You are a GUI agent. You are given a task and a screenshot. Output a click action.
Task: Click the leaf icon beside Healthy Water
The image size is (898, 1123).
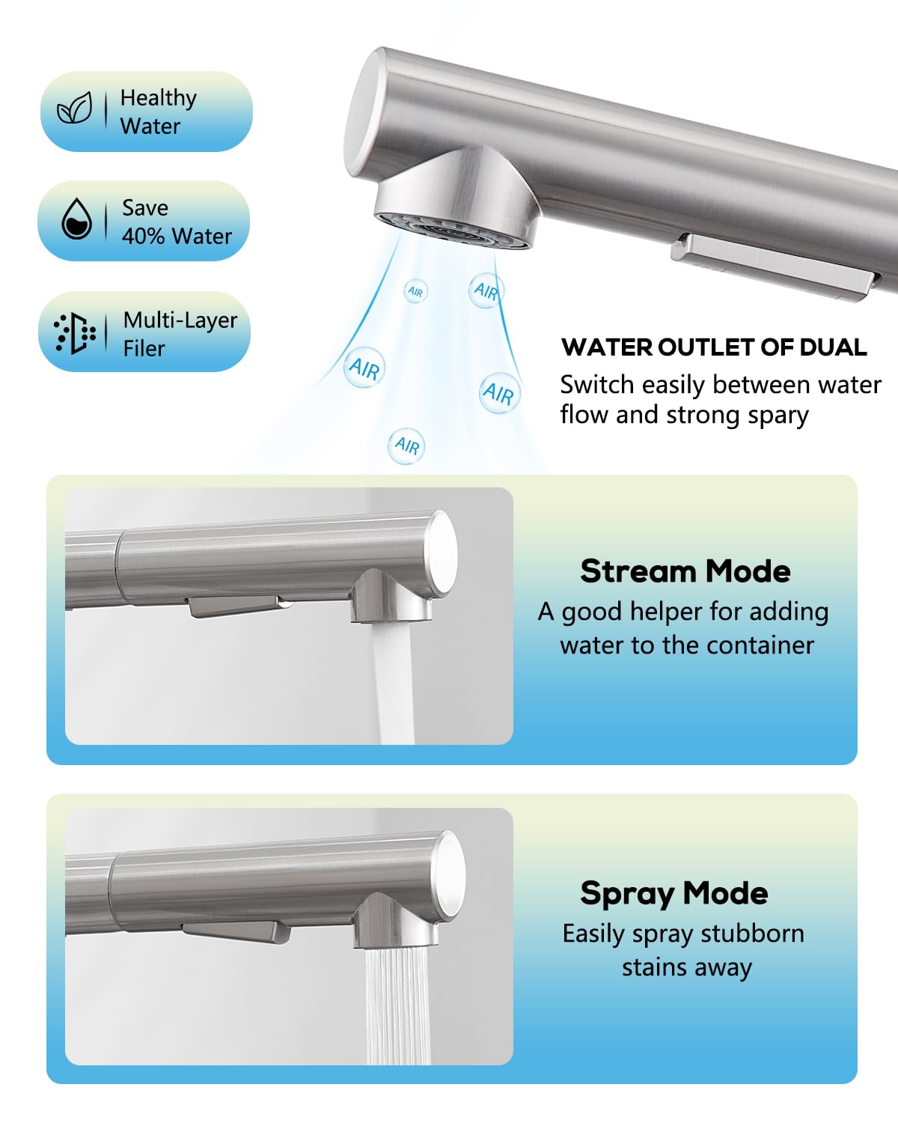(x=75, y=108)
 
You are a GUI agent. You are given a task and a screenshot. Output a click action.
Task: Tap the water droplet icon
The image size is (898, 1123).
(x=76, y=219)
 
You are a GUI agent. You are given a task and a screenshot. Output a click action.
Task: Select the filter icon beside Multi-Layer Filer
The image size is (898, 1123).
(x=75, y=333)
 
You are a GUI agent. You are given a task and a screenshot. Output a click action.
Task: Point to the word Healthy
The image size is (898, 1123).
(x=159, y=99)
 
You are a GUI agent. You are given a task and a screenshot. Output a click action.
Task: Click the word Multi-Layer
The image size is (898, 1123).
(x=180, y=320)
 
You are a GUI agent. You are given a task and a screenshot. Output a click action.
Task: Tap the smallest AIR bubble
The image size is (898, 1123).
(x=415, y=291)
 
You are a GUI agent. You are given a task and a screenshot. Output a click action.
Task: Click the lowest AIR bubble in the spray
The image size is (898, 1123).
(x=406, y=445)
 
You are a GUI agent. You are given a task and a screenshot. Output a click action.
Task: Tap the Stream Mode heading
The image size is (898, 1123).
(x=685, y=571)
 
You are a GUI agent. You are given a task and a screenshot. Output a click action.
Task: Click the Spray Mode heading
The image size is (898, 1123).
(x=674, y=893)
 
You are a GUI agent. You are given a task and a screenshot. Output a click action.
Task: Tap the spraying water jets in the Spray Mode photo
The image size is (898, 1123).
(x=398, y=1006)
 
